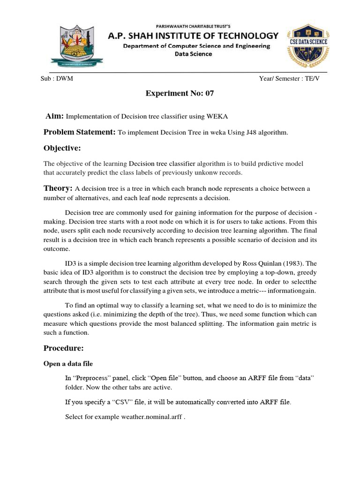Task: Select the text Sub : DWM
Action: tap(57, 79)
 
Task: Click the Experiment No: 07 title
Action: tap(180, 93)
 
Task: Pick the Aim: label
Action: tap(55, 116)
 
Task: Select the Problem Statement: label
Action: tap(79, 132)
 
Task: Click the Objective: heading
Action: tap(62, 148)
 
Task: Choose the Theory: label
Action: tap(58, 188)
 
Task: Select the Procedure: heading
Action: tap(64, 348)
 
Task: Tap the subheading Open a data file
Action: tap(68, 363)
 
